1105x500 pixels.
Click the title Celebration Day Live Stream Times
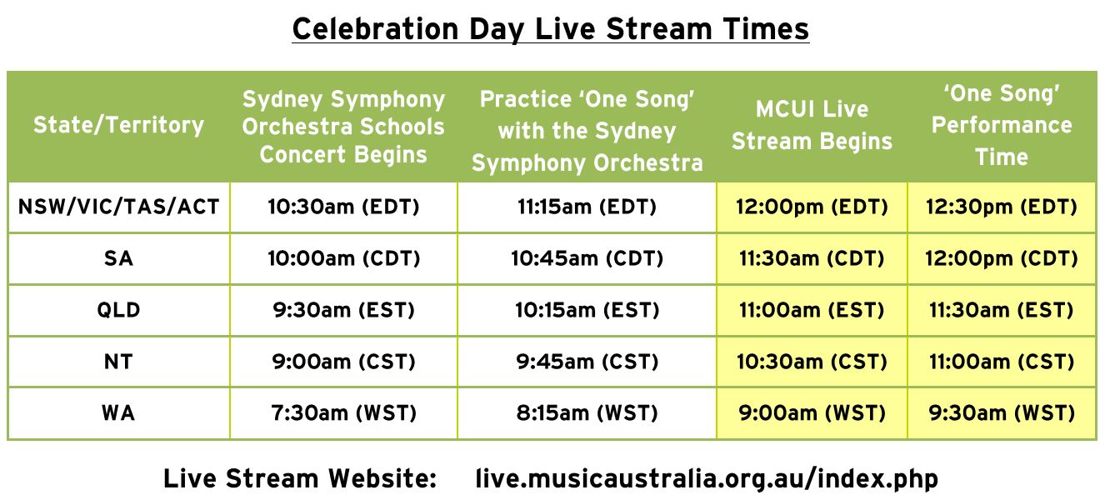click(551, 29)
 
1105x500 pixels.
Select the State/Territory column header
click(118, 125)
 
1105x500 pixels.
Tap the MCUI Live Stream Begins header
click(812, 125)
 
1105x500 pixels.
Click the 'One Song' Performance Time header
click(1002, 125)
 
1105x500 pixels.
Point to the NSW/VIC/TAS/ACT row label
click(118, 207)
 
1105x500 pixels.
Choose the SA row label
click(118, 258)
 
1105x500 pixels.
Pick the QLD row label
click(118, 310)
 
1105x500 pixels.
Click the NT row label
click(118, 362)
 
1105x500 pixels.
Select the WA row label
click(118, 413)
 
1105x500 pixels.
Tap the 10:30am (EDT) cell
click(343, 207)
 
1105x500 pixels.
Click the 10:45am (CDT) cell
click(587, 258)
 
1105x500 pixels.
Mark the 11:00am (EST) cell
click(812, 310)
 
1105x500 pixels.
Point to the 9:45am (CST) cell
click(587, 362)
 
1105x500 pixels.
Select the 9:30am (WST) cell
click(1002, 413)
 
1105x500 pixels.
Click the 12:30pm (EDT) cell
click(1002, 207)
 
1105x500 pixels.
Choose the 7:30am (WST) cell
click(343, 413)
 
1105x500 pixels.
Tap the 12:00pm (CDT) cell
click(1002, 258)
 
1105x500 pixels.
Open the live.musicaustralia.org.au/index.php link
click(707, 479)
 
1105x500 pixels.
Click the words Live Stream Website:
click(300, 479)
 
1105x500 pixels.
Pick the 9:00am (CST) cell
click(343, 362)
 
